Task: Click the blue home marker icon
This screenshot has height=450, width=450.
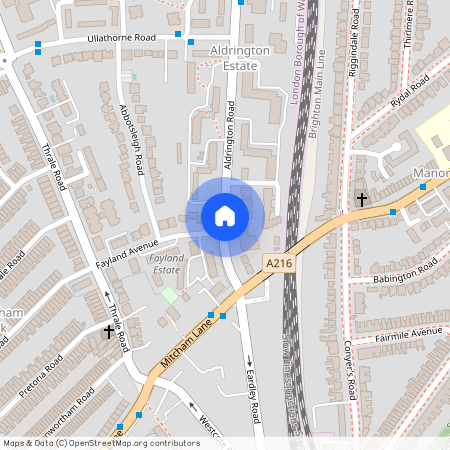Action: click(225, 216)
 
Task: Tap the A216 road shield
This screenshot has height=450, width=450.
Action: click(279, 262)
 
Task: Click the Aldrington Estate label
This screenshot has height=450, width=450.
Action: click(234, 57)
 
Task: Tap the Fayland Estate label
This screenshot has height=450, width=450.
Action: click(165, 264)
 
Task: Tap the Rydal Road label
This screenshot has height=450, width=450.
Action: click(409, 97)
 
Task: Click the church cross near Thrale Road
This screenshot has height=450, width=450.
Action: click(109, 330)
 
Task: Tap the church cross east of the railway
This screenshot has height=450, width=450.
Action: click(362, 200)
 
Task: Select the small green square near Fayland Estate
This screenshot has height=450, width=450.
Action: click(169, 294)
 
